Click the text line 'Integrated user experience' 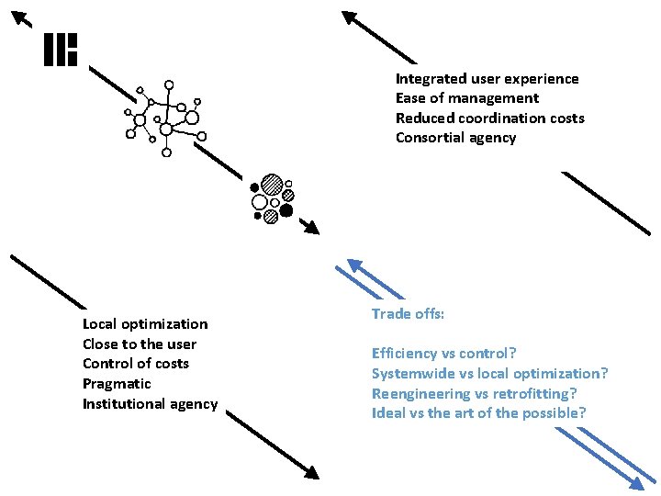click(487, 79)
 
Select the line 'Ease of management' click(466, 98)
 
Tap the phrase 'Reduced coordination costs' click(489, 118)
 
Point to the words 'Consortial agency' click(455, 138)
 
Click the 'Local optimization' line click(145, 323)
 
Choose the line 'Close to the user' click(140, 344)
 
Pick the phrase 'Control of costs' click(135, 364)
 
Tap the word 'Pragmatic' click(117, 383)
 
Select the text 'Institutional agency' click(150, 403)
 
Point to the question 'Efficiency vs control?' click(444, 353)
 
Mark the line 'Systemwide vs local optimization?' click(489, 373)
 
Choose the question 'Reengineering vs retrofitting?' click(474, 393)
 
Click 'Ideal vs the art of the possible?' click(478, 412)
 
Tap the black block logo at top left click(61, 51)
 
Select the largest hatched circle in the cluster click(271, 185)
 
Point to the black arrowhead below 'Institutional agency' click(311, 471)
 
